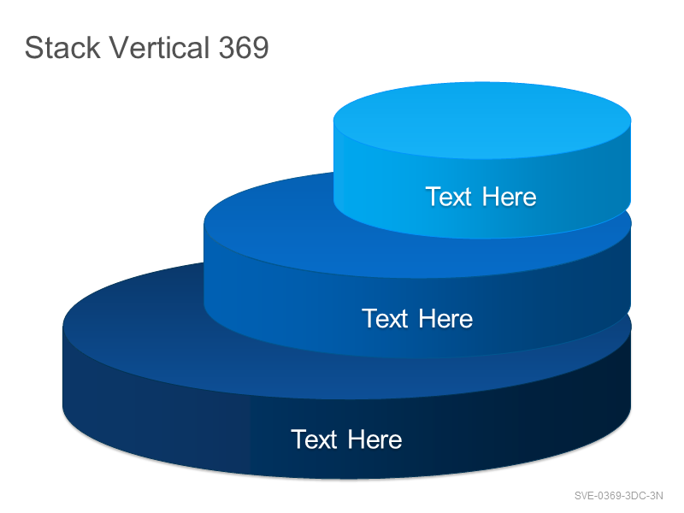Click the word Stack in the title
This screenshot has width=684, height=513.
[62, 47]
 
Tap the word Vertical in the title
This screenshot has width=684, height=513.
[159, 47]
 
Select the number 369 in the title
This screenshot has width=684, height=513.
[244, 47]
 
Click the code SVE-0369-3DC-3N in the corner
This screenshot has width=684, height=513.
[618, 496]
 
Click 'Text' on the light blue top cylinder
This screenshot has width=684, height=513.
[448, 197]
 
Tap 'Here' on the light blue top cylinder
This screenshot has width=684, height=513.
[509, 197]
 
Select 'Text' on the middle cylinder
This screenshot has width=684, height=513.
[385, 318]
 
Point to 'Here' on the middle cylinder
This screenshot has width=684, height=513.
[445, 318]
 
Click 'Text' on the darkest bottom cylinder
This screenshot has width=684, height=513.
[314, 439]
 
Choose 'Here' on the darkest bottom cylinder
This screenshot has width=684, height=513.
[374, 439]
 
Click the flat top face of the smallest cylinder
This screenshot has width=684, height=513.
[482, 120]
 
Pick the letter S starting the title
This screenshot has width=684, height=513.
[33, 48]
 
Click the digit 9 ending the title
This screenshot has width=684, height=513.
[261, 48]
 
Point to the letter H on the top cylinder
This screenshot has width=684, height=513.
[491, 197]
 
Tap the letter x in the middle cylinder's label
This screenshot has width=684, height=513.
[392, 321]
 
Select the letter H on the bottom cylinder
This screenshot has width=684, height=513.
[357, 439]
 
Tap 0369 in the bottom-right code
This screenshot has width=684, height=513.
[610, 496]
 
